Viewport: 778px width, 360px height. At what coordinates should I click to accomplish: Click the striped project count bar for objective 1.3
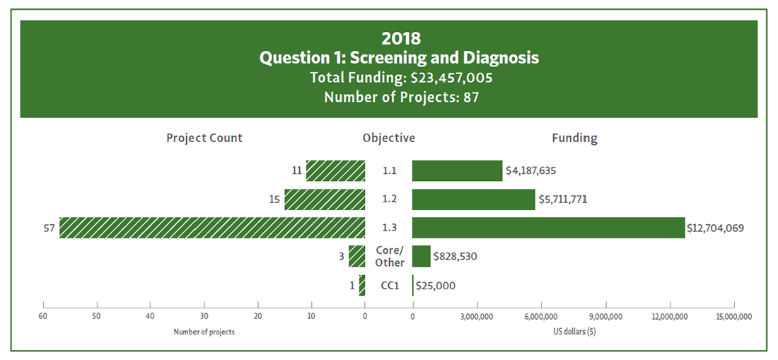pyautogui.click(x=212, y=228)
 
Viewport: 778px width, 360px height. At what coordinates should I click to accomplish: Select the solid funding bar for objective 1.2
pyautogui.click(x=473, y=199)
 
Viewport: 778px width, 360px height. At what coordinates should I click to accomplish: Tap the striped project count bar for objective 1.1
pyautogui.click(x=335, y=170)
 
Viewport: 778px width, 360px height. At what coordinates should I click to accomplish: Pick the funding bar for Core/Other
pyautogui.click(x=421, y=256)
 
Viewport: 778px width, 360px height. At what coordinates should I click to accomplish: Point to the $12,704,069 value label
pyautogui.click(x=715, y=228)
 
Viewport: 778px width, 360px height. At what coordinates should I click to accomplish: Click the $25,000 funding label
pyautogui.click(x=436, y=286)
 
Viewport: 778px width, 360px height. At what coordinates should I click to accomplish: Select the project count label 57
pyautogui.click(x=50, y=228)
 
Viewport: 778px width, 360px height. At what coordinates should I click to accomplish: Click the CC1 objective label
pyautogui.click(x=390, y=286)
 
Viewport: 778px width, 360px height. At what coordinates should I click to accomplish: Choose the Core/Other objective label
pyautogui.click(x=389, y=256)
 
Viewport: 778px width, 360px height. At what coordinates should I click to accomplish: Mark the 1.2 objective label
pyautogui.click(x=389, y=199)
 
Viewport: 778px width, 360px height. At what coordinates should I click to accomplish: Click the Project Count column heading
pyautogui.click(x=204, y=138)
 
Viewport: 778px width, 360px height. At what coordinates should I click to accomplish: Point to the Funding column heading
pyautogui.click(x=574, y=138)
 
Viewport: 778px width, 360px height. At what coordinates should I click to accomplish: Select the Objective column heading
pyautogui.click(x=388, y=138)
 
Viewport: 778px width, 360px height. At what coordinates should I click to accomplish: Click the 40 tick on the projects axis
pyautogui.click(x=150, y=316)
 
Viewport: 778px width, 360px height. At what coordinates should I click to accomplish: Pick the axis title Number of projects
pyautogui.click(x=204, y=332)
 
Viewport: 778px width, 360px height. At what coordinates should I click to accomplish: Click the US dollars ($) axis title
pyautogui.click(x=575, y=332)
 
